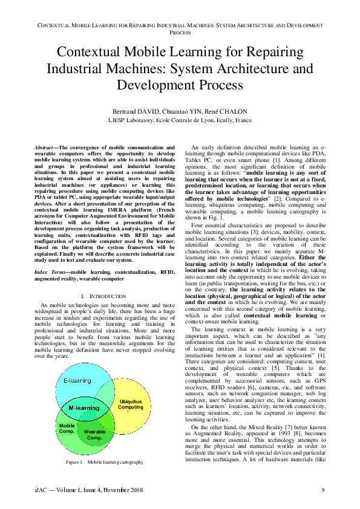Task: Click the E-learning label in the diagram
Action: tap(77, 380)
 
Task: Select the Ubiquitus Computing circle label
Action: tap(131, 404)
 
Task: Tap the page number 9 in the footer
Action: tap(324, 489)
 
